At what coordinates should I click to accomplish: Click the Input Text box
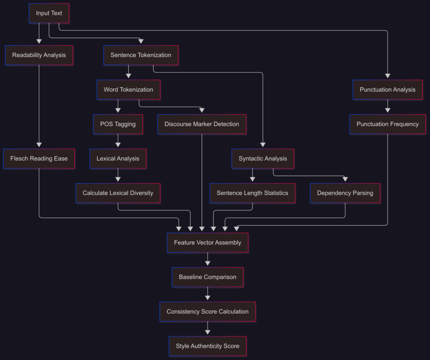(x=49, y=13)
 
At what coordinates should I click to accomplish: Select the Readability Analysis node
(x=39, y=55)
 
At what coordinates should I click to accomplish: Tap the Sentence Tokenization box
(x=141, y=55)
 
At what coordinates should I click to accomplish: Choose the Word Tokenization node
(x=128, y=89)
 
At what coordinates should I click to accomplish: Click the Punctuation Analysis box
(x=387, y=89)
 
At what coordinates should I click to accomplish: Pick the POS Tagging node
(x=118, y=124)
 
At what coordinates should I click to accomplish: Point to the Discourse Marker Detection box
(x=202, y=124)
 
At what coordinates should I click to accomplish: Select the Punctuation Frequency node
(x=387, y=124)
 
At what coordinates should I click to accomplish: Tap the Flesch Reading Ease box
(x=39, y=159)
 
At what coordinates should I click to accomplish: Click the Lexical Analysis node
(x=118, y=159)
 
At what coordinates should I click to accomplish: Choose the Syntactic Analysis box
(x=262, y=159)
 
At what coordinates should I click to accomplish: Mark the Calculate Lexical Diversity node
(x=118, y=193)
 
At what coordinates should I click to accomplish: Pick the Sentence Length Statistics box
(x=252, y=193)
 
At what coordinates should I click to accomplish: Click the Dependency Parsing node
(x=345, y=193)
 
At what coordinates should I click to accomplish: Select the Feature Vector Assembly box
(x=207, y=243)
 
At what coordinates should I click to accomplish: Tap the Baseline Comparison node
(x=207, y=277)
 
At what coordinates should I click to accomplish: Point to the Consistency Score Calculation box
(x=207, y=311)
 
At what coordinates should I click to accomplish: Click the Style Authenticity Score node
(x=207, y=346)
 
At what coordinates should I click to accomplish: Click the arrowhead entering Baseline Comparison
(x=207, y=263)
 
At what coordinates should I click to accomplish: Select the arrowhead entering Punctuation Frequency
(x=387, y=110)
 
